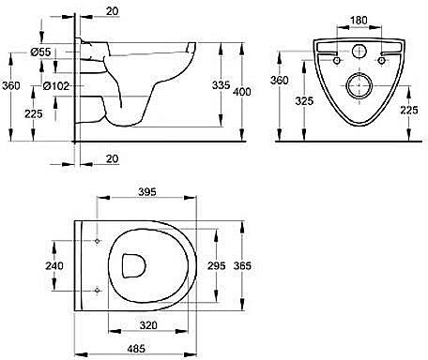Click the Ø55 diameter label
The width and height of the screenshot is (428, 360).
40,52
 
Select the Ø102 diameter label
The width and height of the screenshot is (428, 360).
56,86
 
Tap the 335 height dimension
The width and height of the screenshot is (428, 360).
221,85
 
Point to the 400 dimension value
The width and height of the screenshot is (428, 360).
242,92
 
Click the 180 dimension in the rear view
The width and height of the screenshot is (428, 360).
359,21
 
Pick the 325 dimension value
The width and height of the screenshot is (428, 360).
304,101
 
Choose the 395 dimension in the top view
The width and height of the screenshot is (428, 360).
147,192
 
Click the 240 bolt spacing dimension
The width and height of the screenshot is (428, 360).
54,265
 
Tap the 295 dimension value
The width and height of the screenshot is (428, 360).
217,265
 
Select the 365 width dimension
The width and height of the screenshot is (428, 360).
242,265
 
